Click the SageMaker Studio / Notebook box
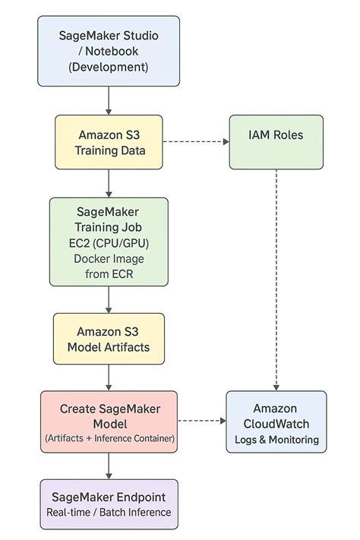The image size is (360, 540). [109, 51]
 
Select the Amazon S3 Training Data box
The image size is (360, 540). [109, 142]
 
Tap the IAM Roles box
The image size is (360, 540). [276, 142]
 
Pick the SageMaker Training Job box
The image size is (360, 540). [109, 241]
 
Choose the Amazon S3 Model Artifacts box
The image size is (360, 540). [109, 339]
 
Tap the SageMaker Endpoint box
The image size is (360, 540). [109, 504]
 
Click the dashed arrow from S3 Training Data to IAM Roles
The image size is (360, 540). [196, 142]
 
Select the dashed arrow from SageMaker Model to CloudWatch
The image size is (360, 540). [201, 421]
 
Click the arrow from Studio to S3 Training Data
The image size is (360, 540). [109, 100]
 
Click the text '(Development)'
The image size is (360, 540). [109, 67]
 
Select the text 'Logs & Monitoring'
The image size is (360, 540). [276, 440]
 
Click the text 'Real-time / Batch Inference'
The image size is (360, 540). [109, 513]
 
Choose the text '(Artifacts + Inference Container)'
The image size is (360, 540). [109, 438]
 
